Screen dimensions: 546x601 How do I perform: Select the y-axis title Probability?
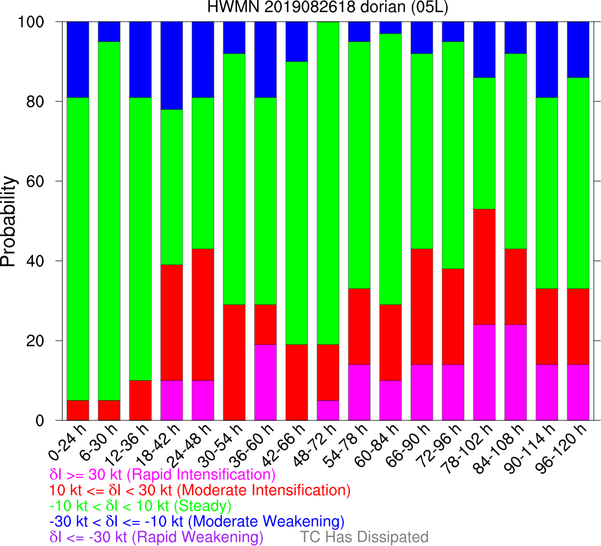click(10, 221)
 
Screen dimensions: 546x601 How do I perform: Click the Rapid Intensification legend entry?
click(163, 474)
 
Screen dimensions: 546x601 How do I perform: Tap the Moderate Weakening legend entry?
click(197, 521)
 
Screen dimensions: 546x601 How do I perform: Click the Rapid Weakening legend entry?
click(157, 537)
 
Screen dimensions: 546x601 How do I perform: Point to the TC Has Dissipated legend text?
click(364, 537)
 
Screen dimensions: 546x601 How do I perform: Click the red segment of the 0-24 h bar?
click(78, 410)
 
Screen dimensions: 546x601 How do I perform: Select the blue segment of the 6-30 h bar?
click(109, 32)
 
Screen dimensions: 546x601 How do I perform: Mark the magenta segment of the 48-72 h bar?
click(328, 410)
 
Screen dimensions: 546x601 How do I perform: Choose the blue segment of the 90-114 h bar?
click(547, 60)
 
